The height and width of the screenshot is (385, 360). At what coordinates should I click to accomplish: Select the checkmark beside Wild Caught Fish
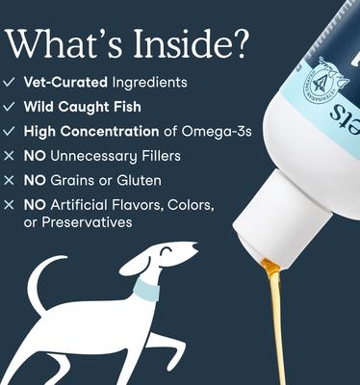coord(10,108)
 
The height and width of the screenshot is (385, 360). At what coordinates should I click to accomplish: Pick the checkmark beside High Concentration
coord(10,131)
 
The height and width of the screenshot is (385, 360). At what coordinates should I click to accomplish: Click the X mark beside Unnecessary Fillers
coord(10,155)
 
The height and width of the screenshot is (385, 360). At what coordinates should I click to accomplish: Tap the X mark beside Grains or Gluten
coord(10,179)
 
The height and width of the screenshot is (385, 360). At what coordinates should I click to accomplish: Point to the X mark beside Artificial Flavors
coord(10,204)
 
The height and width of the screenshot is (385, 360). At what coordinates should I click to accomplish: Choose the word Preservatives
coord(90,222)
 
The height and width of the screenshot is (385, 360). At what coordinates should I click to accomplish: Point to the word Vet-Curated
coord(61,85)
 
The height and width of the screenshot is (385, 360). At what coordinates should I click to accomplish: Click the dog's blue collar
coord(143,288)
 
